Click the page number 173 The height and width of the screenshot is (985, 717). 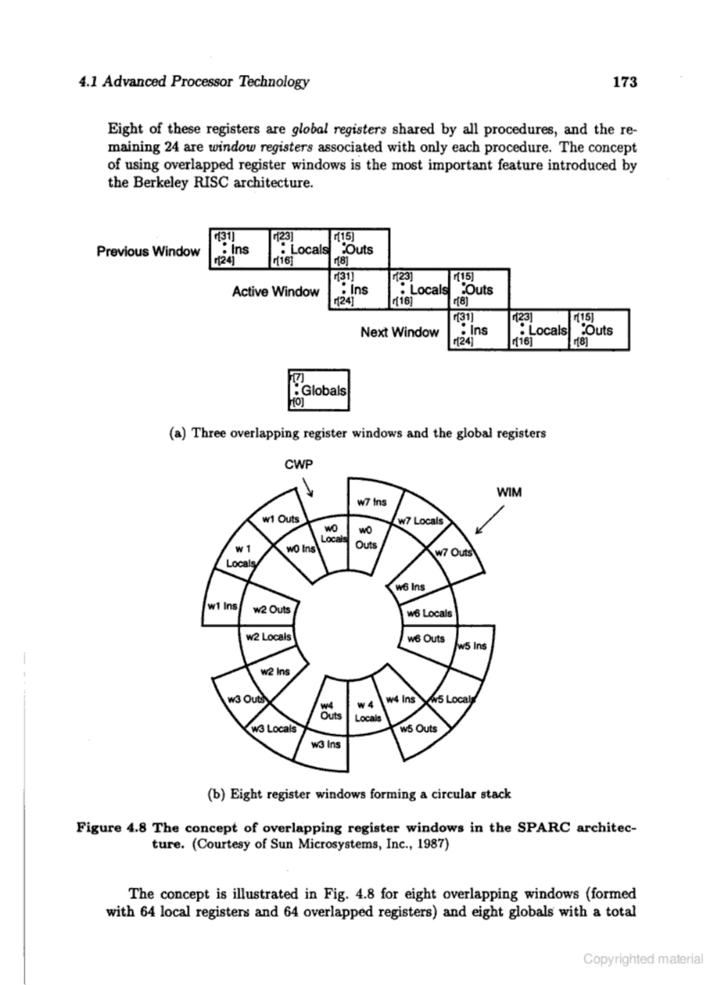point(625,82)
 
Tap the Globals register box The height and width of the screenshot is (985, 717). point(319,390)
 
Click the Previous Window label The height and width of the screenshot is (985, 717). point(148,251)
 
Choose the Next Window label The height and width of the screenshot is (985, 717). point(399,332)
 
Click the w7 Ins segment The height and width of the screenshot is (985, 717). point(371,502)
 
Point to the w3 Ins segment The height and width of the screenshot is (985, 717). point(326,744)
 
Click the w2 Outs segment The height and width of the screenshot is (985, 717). point(271,609)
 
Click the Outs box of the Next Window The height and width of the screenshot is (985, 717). point(599,330)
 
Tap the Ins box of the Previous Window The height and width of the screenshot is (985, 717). point(239,249)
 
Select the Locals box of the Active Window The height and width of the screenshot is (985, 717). point(419,289)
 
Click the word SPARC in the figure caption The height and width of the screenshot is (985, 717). point(543,827)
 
